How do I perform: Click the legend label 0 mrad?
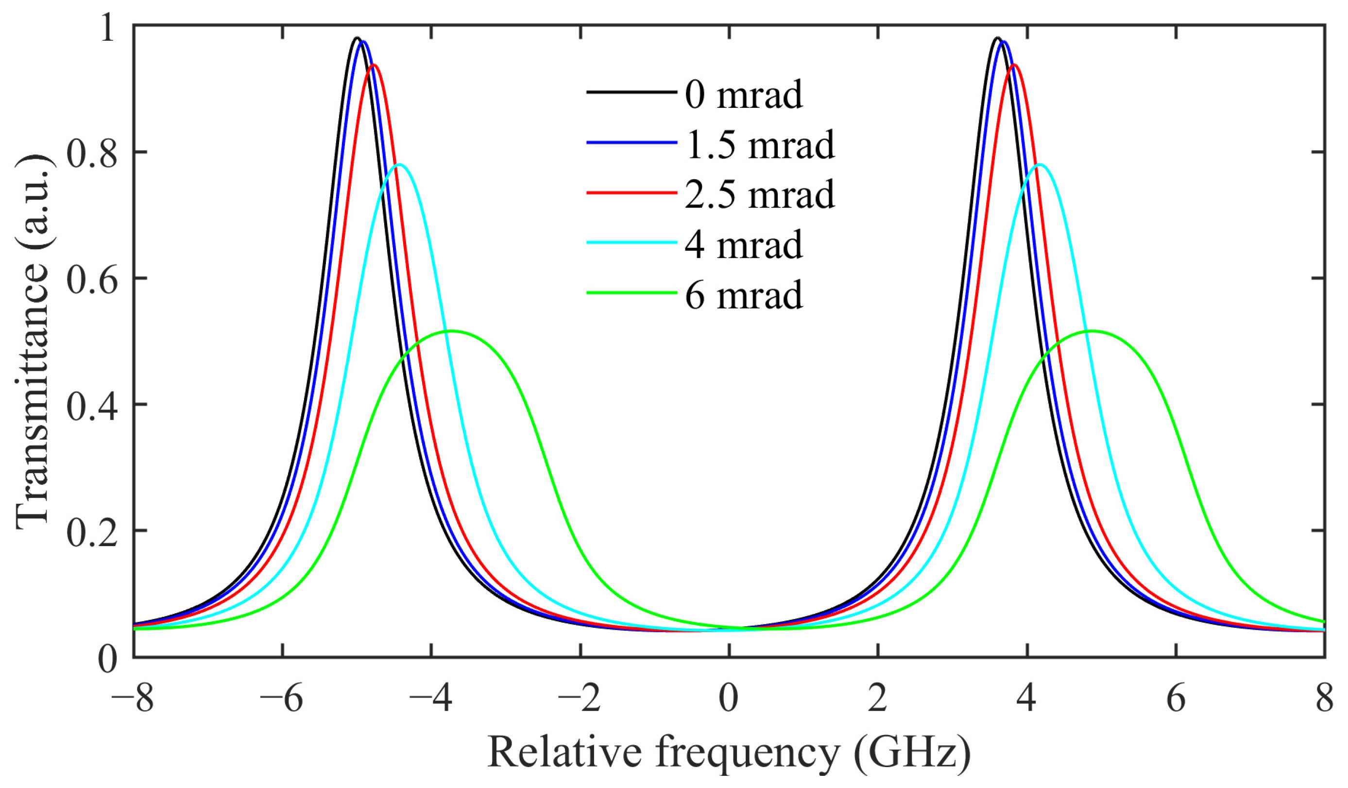click(x=744, y=95)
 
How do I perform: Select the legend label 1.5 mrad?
click(x=760, y=145)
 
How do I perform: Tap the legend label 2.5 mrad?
click(x=760, y=195)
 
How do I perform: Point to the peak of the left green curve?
click(x=450, y=331)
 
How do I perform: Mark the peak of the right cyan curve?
click(x=1040, y=164)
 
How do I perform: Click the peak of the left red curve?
click(x=374, y=65)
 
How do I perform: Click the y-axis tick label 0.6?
click(x=91, y=279)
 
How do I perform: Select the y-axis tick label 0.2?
click(x=91, y=531)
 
